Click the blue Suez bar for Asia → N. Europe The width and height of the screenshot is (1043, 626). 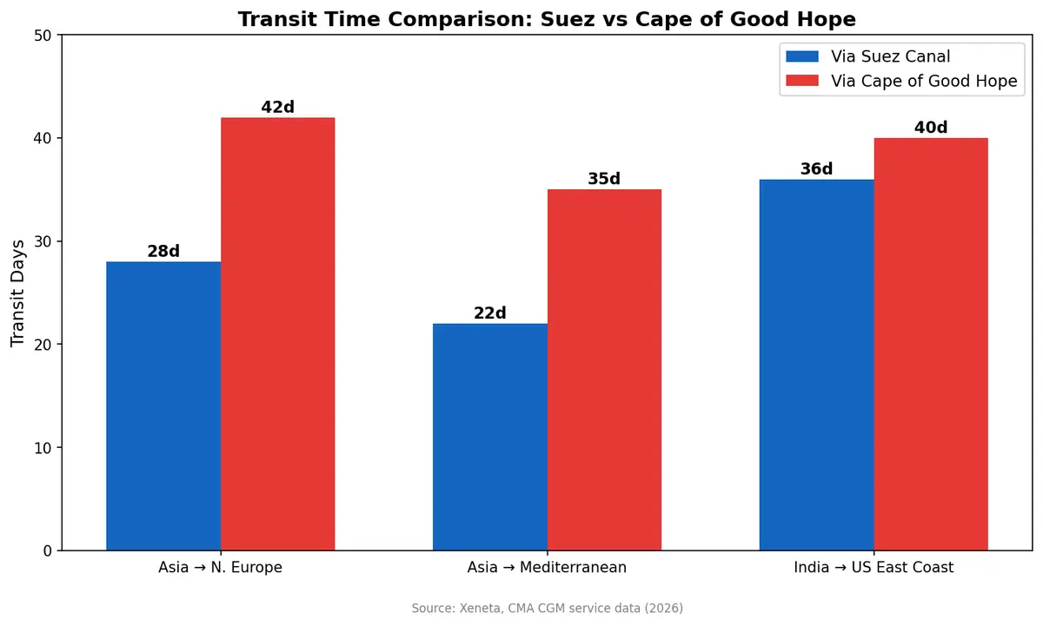[x=163, y=405]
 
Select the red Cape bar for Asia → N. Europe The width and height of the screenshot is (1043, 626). [x=277, y=334]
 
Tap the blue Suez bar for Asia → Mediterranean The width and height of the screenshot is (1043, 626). [x=489, y=437]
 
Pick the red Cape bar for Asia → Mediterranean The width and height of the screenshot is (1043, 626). [x=604, y=370]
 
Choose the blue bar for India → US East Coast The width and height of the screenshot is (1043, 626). [x=816, y=365]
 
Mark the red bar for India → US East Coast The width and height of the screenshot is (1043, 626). [x=931, y=344]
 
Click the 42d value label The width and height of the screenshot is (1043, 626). [x=277, y=108]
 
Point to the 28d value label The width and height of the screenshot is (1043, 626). [x=163, y=252]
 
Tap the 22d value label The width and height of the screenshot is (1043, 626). [x=489, y=313]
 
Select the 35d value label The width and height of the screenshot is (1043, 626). [x=604, y=180]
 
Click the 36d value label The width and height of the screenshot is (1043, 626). [x=816, y=169]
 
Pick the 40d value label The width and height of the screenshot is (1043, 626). [x=931, y=128]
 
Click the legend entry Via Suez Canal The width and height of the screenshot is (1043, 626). [x=890, y=57]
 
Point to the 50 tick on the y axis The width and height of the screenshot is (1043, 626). [x=43, y=36]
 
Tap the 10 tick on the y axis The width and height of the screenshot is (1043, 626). [x=43, y=448]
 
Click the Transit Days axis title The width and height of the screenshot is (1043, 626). [x=18, y=293]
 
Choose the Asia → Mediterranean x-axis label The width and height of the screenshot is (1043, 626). [x=547, y=568]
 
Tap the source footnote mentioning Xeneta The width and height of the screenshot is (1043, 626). [x=547, y=609]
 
